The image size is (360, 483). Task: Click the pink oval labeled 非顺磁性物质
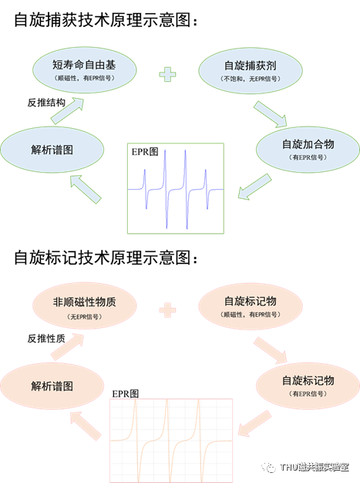tap(84, 307)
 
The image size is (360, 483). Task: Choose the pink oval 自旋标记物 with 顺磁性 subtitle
tap(247, 306)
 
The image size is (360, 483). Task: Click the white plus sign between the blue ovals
tap(167, 75)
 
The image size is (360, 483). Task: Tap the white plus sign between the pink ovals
tap(167, 310)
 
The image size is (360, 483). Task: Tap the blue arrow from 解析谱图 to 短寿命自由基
tap(66, 110)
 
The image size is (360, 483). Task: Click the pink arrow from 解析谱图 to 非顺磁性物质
tap(66, 346)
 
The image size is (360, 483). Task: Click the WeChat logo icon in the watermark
tap(268, 467)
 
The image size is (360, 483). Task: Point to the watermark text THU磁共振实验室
tap(314, 468)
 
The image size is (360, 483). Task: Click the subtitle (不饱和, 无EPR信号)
tap(249, 79)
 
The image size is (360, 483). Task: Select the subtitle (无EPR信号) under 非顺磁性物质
tap(84, 318)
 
